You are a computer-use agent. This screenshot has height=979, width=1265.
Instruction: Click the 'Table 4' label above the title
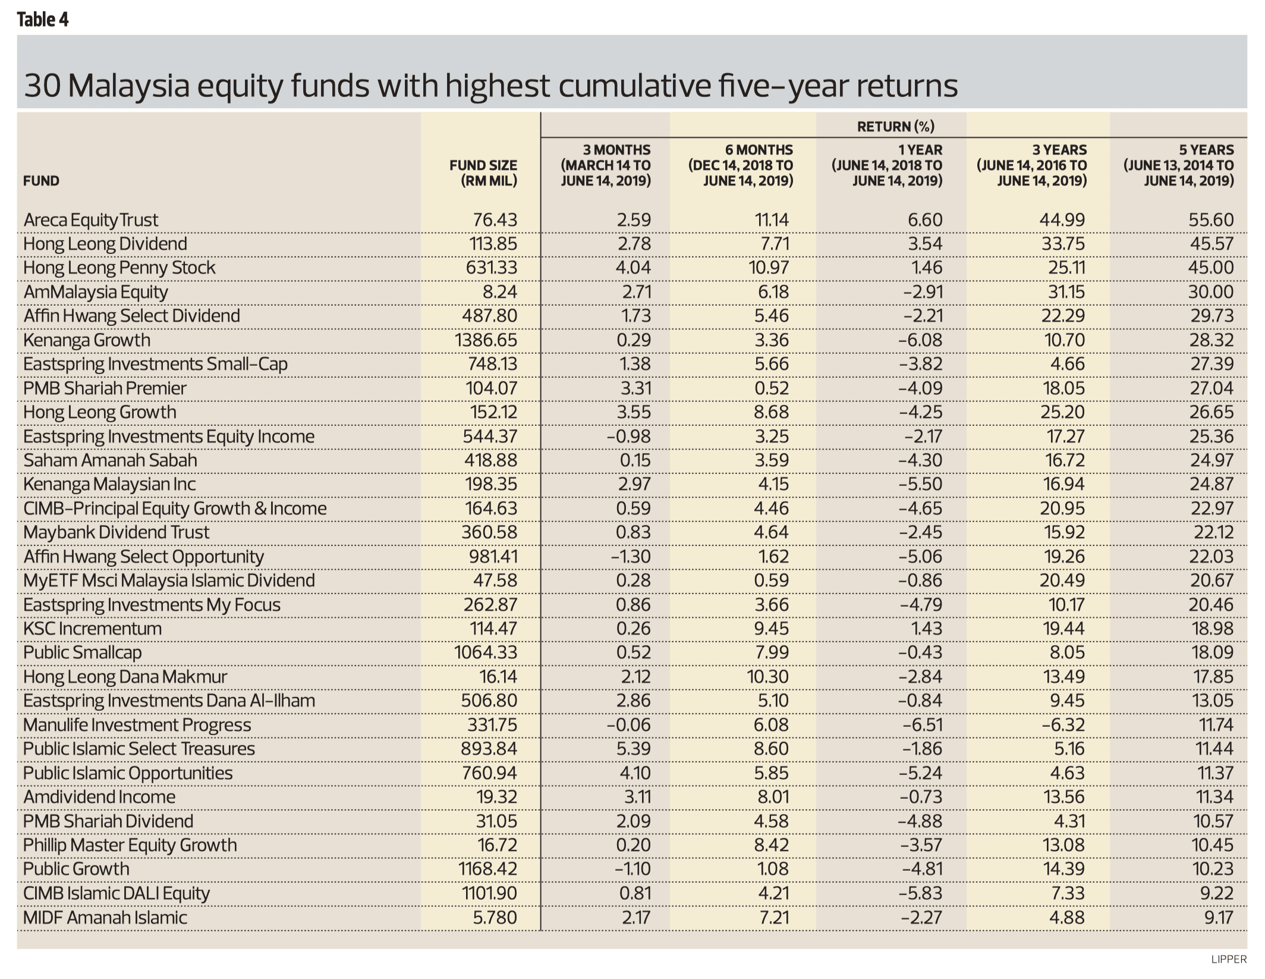(42, 20)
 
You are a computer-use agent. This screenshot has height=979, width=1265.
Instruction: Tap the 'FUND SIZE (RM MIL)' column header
(483, 173)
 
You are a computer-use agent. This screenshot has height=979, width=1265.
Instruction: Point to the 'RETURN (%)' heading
(895, 126)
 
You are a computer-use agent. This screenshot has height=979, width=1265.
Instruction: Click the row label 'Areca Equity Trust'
(91, 220)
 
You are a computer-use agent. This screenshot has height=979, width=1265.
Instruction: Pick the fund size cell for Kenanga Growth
(486, 340)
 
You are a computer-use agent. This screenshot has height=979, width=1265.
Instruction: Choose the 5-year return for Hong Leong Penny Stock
(1211, 268)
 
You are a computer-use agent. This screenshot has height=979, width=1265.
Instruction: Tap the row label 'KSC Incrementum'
(92, 629)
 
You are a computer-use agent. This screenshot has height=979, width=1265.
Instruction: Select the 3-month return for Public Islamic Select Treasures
(633, 749)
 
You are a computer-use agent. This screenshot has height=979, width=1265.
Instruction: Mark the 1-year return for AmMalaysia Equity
(921, 292)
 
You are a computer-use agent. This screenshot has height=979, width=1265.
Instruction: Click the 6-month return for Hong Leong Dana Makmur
(769, 677)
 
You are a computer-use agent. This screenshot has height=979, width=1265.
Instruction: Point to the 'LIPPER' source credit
(1228, 959)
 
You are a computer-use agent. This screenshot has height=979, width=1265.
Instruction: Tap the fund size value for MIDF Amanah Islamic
(495, 918)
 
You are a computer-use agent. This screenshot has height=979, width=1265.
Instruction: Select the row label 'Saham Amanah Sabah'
(110, 460)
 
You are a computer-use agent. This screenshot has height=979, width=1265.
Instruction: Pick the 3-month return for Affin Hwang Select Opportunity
(631, 557)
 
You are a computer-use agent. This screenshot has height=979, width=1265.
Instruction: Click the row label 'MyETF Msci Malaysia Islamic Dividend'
(169, 581)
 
